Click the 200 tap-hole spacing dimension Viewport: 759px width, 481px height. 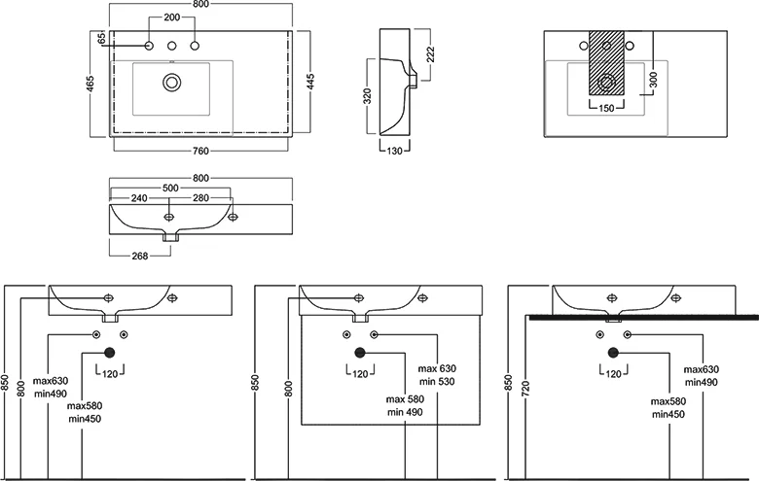(171, 18)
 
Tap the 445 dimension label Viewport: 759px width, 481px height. (310, 83)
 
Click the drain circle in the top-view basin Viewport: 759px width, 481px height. (172, 83)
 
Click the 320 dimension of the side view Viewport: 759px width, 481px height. (368, 97)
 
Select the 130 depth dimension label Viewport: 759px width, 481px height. (393, 151)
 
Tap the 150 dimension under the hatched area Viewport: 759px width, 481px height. (604, 108)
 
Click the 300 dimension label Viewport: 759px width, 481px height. (654, 81)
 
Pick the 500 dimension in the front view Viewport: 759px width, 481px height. (170, 188)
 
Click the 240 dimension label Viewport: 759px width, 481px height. (139, 198)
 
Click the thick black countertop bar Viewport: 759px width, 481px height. (642, 317)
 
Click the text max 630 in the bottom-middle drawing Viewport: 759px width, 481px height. (437, 369)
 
